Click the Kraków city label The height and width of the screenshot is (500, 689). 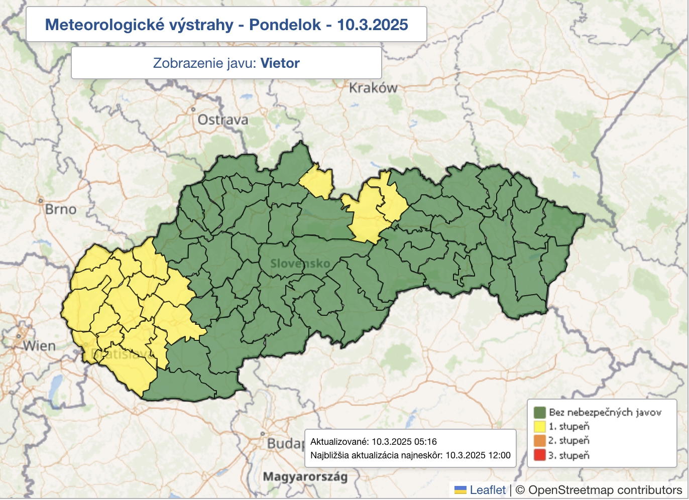(373, 88)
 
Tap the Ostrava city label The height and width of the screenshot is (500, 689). (222, 120)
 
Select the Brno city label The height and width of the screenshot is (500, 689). (60, 209)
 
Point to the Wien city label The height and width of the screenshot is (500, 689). (39, 346)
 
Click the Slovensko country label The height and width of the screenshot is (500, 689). (300, 264)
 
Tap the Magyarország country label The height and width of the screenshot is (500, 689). (305, 476)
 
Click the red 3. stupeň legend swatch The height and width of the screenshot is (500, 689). (539, 455)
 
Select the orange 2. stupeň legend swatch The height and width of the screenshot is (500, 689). (539, 441)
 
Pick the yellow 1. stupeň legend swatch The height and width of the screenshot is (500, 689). (539, 427)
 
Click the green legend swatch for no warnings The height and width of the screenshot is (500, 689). (539, 412)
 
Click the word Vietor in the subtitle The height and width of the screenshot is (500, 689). (280, 63)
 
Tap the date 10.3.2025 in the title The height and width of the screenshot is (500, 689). (372, 25)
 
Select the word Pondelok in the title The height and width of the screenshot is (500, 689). (285, 25)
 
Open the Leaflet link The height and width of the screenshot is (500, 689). (487, 490)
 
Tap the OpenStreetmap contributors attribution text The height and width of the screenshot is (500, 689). (605, 490)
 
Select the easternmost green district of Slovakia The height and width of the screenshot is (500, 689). (562, 224)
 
